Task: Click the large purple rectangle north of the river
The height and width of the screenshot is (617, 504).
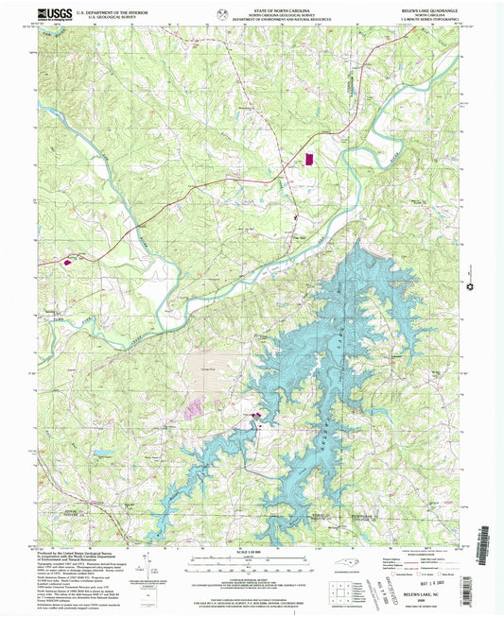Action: pos(307,157)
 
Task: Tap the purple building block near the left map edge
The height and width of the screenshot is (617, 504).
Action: pos(67,262)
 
